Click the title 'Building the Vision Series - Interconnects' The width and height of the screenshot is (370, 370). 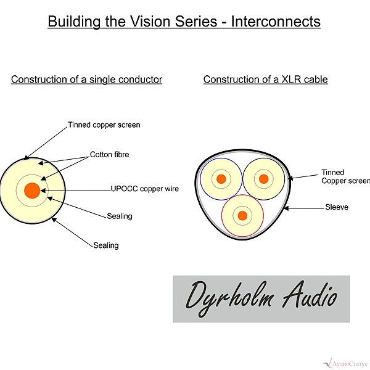click(184, 22)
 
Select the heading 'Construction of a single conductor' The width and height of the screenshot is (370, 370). click(86, 80)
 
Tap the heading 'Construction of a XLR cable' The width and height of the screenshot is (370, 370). click(265, 80)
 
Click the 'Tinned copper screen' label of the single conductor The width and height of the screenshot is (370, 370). click(104, 125)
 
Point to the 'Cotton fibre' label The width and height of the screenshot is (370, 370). click(110, 155)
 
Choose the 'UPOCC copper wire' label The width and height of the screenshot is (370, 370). click(145, 189)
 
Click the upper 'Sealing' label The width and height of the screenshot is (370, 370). click(120, 216)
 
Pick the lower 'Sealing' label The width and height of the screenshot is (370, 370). click(106, 245)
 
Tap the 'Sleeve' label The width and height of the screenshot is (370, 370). click(337, 207)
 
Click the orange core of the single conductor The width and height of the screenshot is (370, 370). click(32, 191)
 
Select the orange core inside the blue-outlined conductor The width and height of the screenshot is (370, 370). click(221, 179)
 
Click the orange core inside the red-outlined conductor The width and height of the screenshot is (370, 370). click(242, 215)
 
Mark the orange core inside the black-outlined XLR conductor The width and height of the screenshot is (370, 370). click(263, 179)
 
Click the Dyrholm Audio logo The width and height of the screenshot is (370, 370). click(261, 299)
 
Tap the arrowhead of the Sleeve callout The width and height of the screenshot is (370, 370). click(286, 208)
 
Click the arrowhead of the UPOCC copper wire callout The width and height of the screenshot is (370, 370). click(43, 191)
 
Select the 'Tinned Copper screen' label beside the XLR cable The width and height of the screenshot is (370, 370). click(346, 176)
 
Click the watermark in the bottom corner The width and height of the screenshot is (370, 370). click(347, 363)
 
